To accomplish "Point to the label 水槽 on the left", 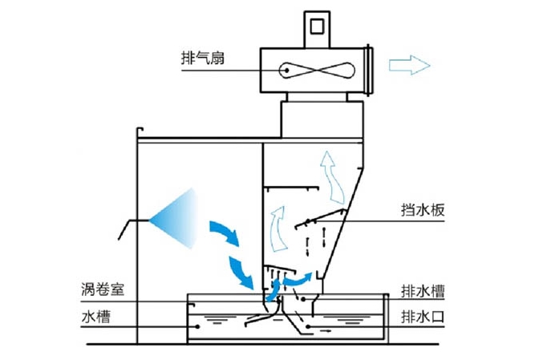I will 95,316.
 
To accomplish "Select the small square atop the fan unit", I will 318,26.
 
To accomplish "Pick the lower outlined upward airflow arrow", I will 277,226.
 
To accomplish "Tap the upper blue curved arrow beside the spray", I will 224,232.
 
